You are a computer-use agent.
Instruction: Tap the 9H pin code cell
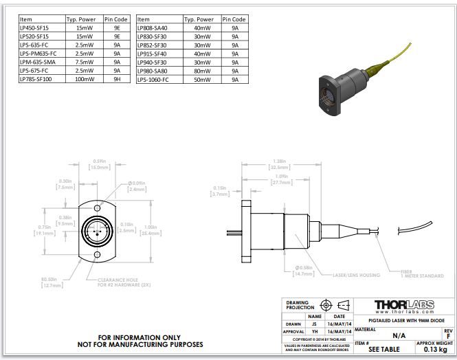117,80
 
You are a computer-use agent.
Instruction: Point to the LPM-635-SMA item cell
38,62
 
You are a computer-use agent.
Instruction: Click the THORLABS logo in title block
403,305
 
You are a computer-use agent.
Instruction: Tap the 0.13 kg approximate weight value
435,350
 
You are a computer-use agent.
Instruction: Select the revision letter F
448,335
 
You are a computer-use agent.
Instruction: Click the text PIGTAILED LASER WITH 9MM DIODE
402,321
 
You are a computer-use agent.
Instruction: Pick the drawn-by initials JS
315,324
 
